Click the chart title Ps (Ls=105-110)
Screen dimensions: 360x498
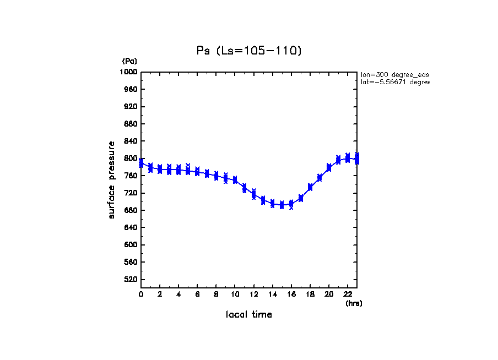point(249,51)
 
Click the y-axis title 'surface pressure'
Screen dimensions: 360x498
point(112,179)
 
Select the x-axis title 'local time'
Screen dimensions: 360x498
point(249,315)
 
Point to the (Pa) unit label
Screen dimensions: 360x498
point(129,61)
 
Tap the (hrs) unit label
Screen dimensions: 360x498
point(354,303)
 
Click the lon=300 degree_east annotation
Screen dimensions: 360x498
point(394,74)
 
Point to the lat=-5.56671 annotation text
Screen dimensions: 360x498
point(394,82)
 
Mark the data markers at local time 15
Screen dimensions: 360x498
point(282,205)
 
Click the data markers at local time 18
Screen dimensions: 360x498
point(310,187)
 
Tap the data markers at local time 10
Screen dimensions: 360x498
point(235,180)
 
